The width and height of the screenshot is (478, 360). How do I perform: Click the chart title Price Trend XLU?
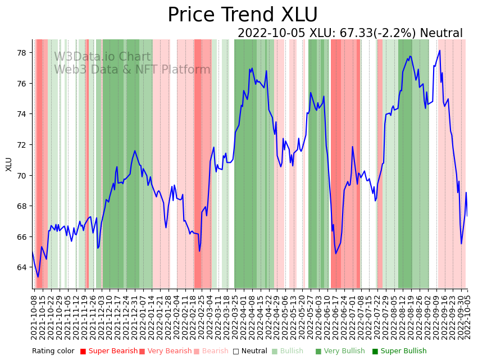[243, 15]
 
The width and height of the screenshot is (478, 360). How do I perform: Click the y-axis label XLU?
[9, 164]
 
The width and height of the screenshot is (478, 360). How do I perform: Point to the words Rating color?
[53, 351]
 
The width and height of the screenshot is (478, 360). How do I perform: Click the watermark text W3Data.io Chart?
[102, 57]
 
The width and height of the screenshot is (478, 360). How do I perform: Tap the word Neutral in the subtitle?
[441, 34]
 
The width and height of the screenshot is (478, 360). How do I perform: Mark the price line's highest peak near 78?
[439, 51]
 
